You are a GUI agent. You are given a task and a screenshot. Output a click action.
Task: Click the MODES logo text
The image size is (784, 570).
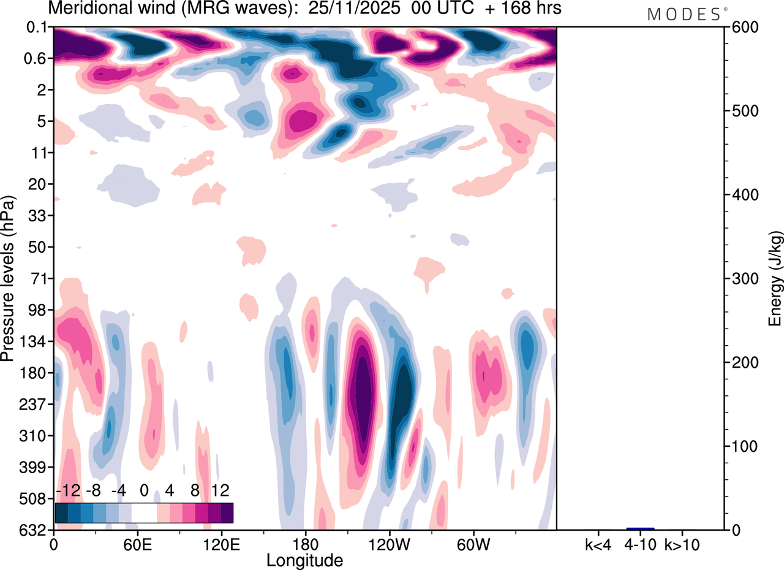tap(684, 15)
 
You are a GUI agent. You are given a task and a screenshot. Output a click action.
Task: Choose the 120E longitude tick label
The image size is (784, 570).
tap(221, 544)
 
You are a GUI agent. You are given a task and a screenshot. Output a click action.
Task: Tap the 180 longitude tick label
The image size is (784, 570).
tap(305, 544)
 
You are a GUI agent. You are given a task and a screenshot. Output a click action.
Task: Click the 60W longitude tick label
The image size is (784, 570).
tap(473, 544)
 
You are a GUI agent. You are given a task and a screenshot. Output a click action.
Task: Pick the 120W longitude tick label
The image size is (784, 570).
tap(389, 544)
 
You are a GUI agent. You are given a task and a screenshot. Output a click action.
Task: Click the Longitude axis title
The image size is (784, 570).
tap(304, 559)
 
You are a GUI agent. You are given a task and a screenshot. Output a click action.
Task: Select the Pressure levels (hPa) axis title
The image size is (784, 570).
tap(8, 279)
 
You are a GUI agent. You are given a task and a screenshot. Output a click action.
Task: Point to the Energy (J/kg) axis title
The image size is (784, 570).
tap(775, 279)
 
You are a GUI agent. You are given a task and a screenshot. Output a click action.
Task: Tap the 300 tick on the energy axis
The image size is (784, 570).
tap(742, 279)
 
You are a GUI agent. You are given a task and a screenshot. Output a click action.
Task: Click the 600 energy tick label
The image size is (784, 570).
tap(742, 28)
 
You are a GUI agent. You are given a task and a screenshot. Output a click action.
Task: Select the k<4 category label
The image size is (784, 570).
tap(598, 544)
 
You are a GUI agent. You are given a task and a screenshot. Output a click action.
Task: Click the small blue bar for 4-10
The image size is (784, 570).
tap(640, 528)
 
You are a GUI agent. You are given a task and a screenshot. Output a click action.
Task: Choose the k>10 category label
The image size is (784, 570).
tap(682, 544)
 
